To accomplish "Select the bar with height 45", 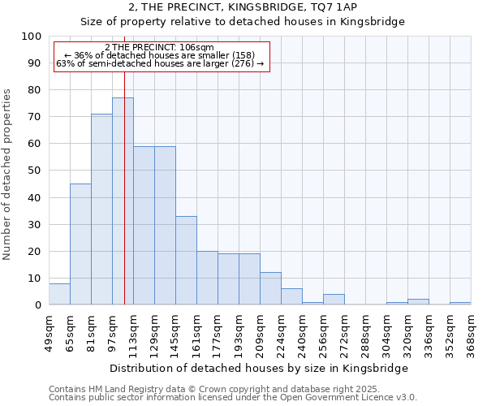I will (80, 244).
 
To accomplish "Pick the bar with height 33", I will (186, 261).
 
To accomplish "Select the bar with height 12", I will (270, 289).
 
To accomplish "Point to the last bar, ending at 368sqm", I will (460, 304).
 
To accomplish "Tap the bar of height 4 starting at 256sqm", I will (334, 300).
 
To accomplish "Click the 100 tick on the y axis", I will (32, 37).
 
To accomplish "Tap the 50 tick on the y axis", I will (35, 171).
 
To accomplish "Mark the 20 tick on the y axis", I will (35, 252).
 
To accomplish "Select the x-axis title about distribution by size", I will (259, 368).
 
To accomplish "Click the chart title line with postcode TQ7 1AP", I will (243, 7).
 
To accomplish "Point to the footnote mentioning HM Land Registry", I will (231, 389).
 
